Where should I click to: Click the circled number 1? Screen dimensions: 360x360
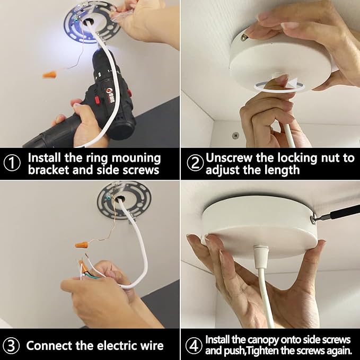pos(12,163)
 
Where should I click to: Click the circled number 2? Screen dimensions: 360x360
pos(195,163)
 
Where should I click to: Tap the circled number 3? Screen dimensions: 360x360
pos(12,346)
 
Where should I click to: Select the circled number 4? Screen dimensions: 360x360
pos(194,346)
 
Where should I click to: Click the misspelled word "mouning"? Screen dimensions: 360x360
pos(136,159)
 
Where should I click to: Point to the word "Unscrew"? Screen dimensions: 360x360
pos(229,158)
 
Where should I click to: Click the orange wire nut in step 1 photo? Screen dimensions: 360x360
pos(49,75)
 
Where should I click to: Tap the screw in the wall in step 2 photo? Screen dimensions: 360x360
pos(235,135)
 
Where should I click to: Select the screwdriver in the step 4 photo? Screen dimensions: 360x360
pos(336,214)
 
